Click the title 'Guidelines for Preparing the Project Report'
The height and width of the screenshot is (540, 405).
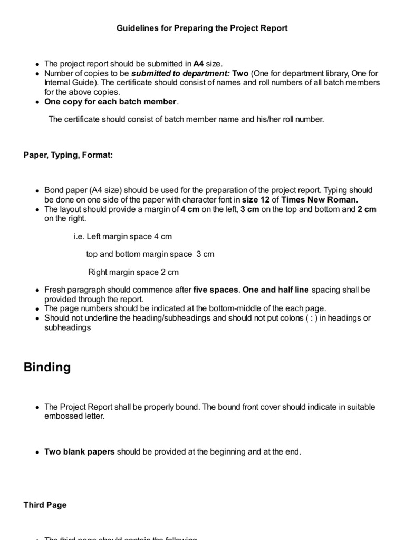(202, 28)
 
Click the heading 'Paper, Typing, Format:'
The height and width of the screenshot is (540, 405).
(68, 155)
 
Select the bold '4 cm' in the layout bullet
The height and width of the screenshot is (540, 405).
(190, 209)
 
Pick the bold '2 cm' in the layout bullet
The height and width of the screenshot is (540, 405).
(367, 209)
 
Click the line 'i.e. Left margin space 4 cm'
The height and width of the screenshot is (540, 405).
(122, 236)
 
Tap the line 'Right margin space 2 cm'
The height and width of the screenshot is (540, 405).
(133, 272)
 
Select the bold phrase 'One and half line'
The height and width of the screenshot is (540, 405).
(276, 290)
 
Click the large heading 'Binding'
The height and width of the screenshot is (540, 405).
(47, 368)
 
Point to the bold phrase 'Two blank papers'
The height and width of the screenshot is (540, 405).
(79, 452)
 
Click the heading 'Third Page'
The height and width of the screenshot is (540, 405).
(45, 505)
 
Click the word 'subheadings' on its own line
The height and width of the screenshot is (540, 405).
(67, 327)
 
